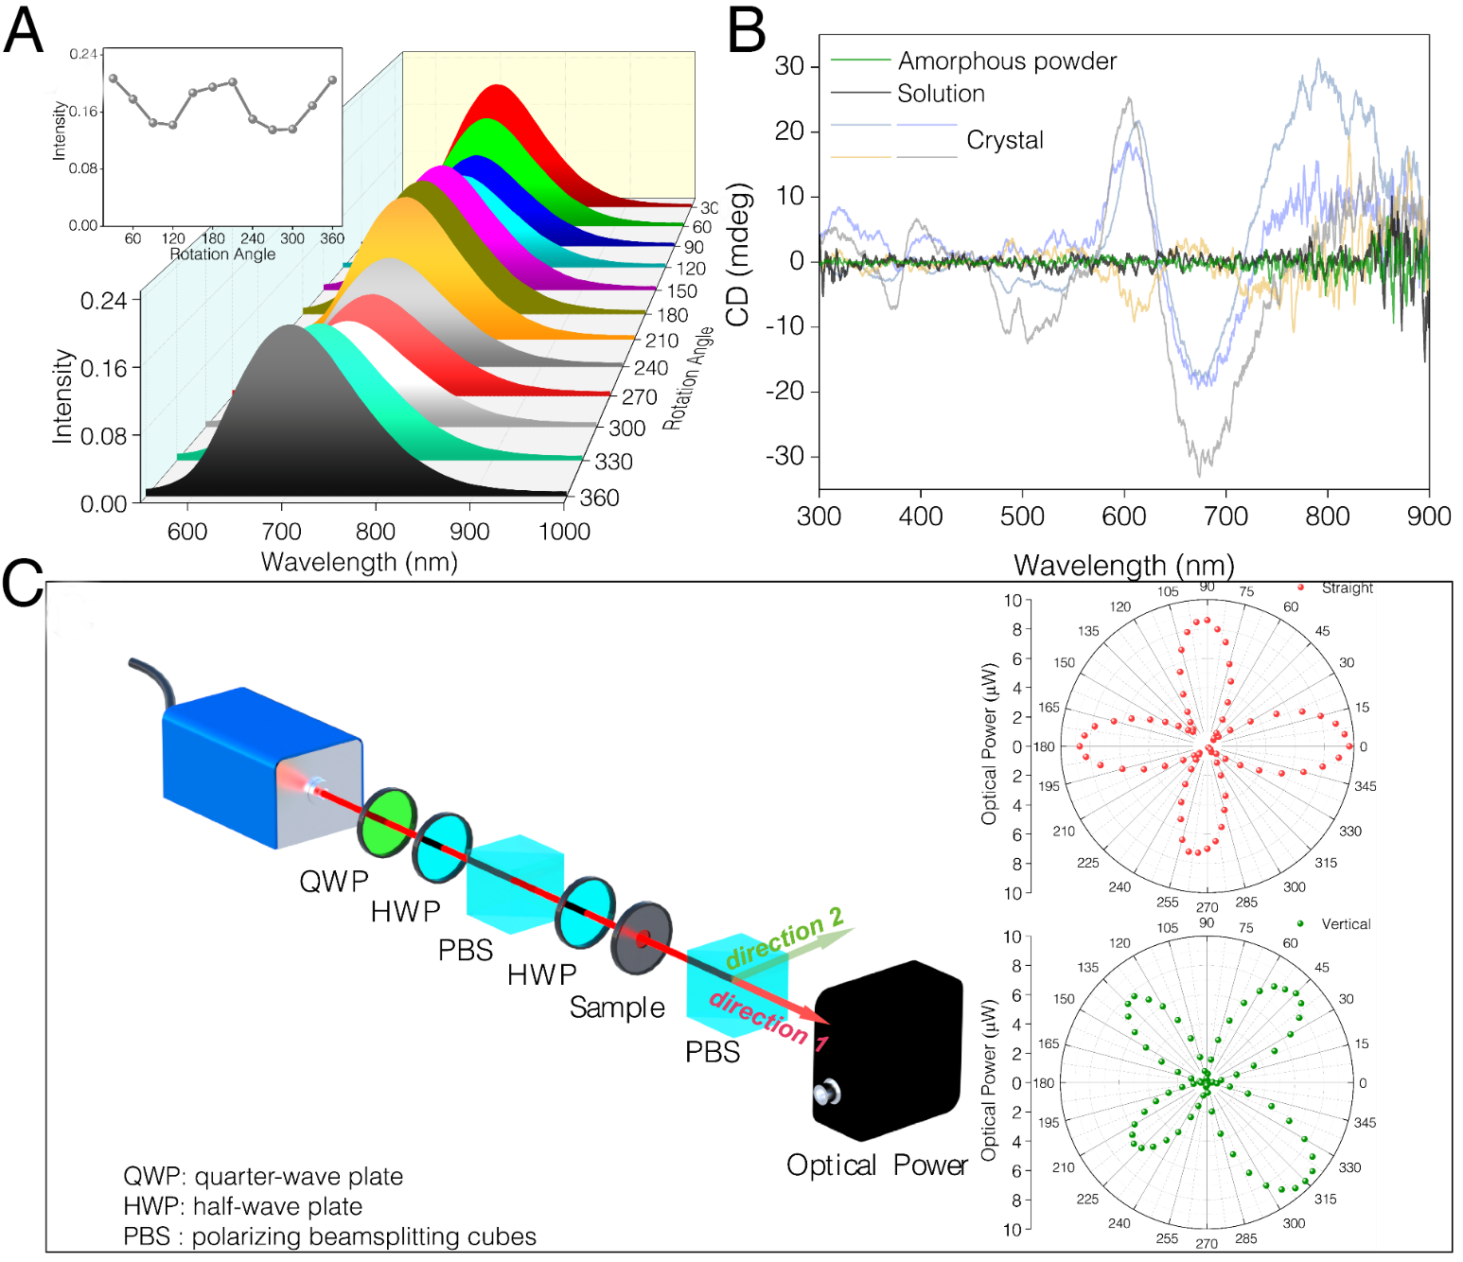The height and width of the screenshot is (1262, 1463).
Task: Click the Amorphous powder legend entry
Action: (x=1007, y=61)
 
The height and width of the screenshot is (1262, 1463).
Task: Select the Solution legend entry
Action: (x=941, y=94)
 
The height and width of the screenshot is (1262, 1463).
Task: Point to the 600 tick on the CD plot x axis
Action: (x=1123, y=517)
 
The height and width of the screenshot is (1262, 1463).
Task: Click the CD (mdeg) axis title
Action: (x=739, y=255)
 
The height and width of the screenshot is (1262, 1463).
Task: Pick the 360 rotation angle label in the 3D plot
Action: (x=599, y=498)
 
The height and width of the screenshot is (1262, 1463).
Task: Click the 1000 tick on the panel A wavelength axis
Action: (x=564, y=532)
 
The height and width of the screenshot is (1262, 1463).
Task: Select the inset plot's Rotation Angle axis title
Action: (x=222, y=254)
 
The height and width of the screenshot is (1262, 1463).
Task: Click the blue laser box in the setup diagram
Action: (x=256, y=766)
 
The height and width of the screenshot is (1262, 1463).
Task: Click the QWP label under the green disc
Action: (x=334, y=882)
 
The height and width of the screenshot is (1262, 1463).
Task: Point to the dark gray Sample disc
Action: (x=642, y=938)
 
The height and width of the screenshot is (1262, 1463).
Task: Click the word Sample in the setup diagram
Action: (x=617, y=1008)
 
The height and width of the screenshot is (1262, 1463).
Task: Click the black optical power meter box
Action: (x=887, y=1050)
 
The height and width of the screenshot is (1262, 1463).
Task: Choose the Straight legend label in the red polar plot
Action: (x=1347, y=588)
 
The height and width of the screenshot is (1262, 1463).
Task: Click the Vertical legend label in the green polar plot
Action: (x=1346, y=924)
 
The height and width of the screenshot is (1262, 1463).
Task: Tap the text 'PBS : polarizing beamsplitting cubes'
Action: (x=329, y=1236)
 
